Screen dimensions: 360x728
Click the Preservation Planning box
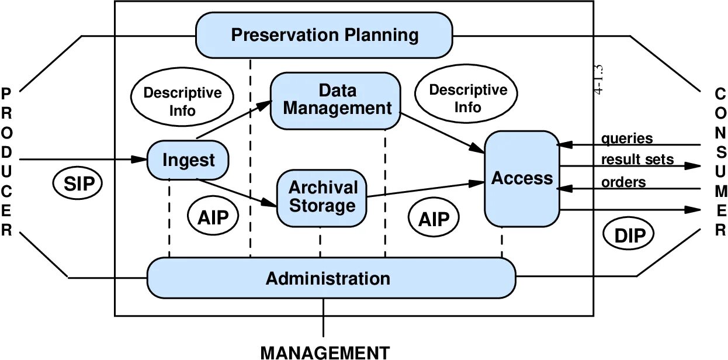pyautogui.click(x=324, y=35)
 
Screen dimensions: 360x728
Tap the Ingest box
pyautogui.click(x=188, y=160)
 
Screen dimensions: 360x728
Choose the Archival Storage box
pyautogui.click(x=322, y=198)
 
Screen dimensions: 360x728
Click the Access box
pyautogui.click(x=522, y=178)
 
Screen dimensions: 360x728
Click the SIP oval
pyautogui.click(x=78, y=184)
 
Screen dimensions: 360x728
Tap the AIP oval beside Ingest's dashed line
pyautogui.click(x=213, y=217)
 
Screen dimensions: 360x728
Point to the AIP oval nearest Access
pyautogui.click(x=434, y=219)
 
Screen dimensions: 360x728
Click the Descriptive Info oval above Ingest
pyautogui.click(x=182, y=101)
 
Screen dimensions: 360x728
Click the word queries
pyautogui.click(x=627, y=139)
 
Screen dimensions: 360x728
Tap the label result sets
pyautogui.click(x=637, y=159)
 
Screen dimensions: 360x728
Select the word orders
pyautogui.click(x=623, y=182)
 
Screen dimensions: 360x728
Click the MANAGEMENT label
pyautogui.click(x=324, y=352)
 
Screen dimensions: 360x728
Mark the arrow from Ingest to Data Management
pyautogui.click(x=234, y=120)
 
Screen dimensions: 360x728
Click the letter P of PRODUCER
pyautogui.click(x=6, y=94)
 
